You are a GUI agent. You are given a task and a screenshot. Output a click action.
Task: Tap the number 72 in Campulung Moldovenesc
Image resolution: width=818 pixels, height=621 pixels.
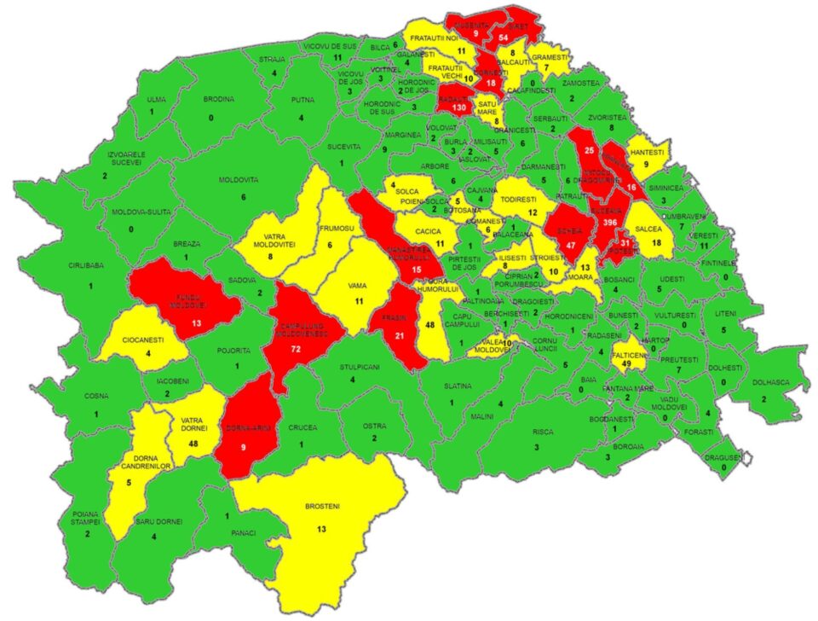click(x=296, y=351)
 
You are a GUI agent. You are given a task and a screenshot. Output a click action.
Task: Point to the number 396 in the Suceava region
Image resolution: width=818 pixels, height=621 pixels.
click(x=608, y=222)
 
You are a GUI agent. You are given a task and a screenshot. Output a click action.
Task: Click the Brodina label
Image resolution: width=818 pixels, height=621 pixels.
click(x=219, y=99)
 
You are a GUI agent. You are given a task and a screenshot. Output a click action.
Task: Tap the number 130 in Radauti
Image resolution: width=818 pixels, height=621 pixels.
click(x=460, y=108)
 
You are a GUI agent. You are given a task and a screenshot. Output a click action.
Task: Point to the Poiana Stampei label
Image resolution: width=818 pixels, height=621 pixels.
click(x=86, y=517)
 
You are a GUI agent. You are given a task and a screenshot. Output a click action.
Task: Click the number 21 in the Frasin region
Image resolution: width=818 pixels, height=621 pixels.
click(x=398, y=337)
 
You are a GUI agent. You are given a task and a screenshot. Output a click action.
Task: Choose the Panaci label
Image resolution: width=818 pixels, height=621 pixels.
click(x=244, y=531)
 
